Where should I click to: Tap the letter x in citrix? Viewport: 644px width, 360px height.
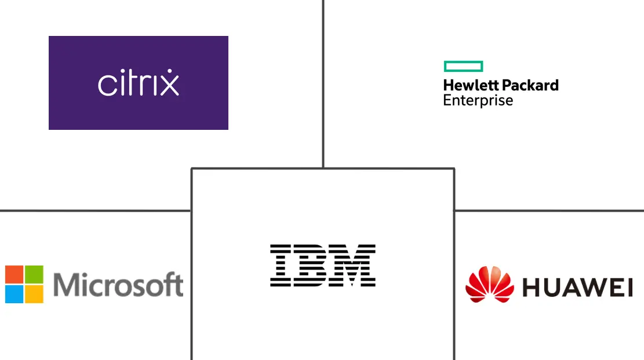click(169, 84)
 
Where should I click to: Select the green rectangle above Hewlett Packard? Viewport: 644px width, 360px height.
click(463, 66)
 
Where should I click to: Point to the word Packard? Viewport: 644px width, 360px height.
click(529, 85)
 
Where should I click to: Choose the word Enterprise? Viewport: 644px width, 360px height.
click(478, 100)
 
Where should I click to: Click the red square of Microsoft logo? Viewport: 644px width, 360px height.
click(14, 274)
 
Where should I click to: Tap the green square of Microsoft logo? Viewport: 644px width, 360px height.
click(34, 274)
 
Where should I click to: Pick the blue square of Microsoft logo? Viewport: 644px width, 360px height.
click(14, 294)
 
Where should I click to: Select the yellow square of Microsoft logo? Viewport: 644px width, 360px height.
click(34, 294)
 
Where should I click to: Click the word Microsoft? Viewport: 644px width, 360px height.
click(118, 284)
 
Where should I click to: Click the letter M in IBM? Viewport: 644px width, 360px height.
click(354, 266)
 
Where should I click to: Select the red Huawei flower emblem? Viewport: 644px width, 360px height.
click(490, 284)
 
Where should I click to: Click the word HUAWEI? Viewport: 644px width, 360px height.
click(577, 287)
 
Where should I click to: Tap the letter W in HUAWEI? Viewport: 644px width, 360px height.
click(594, 287)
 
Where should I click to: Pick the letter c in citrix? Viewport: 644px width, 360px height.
click(105, 85)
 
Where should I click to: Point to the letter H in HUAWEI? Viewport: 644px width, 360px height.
click(532, 287)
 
